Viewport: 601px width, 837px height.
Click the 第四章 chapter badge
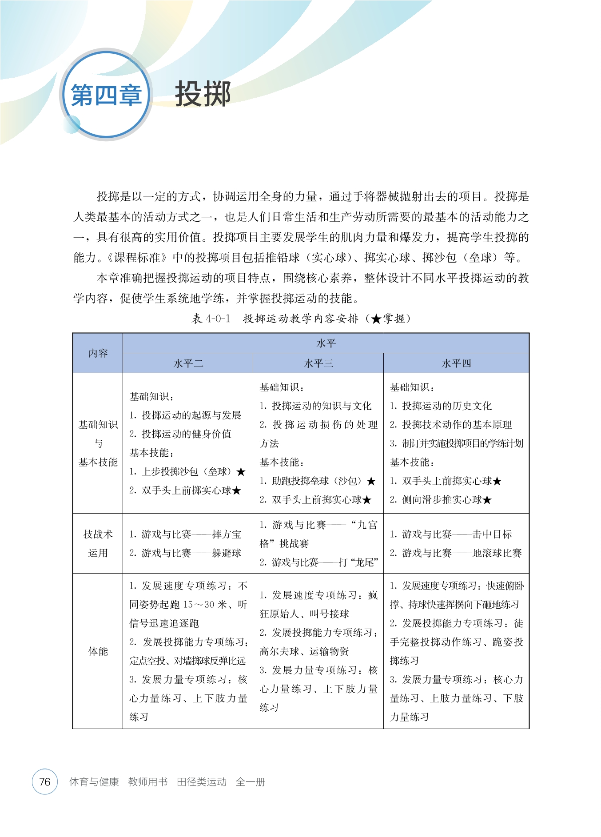point(106,95)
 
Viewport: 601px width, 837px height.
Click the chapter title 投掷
point(203,94)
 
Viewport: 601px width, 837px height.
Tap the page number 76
point(45,781)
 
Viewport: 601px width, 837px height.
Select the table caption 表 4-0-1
point(211,319)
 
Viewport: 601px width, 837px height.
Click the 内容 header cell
point(98,353)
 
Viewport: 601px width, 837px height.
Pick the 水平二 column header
point(188,363)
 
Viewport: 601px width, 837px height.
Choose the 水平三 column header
point(318,363)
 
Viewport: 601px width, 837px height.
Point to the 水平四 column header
point(456,363)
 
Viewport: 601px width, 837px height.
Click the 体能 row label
point(98,651)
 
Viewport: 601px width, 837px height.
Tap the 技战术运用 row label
point(98,543)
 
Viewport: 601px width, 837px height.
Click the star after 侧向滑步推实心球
point(487,500)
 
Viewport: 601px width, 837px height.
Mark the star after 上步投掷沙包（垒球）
point(241,472)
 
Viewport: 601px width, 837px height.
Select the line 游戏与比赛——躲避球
point(185,553)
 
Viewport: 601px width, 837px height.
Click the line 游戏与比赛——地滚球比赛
point(456,553)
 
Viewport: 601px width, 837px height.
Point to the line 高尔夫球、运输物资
point(304,651)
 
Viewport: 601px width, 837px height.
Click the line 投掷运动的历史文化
point(441,406)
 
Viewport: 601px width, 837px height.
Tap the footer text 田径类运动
point(202,782)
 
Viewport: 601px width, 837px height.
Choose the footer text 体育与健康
point(94,782)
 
